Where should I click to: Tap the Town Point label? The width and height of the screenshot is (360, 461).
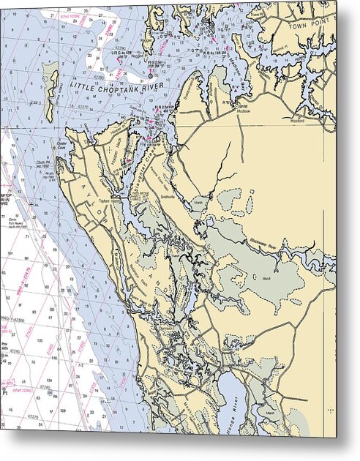tap(312, 24)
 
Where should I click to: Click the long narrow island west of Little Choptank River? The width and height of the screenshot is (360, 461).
tap(50, 89)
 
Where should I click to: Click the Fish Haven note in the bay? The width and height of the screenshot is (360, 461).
tap(16, 219)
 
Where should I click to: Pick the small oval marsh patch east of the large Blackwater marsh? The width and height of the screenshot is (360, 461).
tap(295, 301)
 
